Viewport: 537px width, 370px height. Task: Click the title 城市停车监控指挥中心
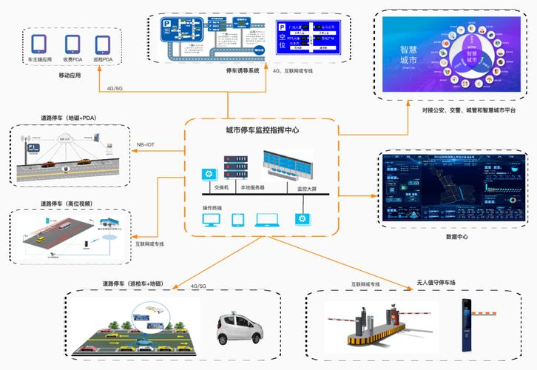click(x=262, y=130)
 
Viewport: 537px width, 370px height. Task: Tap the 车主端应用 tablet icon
click(x=39, y=44)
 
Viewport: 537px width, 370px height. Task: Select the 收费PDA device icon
click(x=72, y=44)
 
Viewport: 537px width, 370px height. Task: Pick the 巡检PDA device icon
click(x=104, y=44)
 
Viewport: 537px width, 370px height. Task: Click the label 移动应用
click(x=70, y=75)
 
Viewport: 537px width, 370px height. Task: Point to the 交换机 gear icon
click(x=209, y=175)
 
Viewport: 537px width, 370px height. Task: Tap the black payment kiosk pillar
click(x=466, y=323)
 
